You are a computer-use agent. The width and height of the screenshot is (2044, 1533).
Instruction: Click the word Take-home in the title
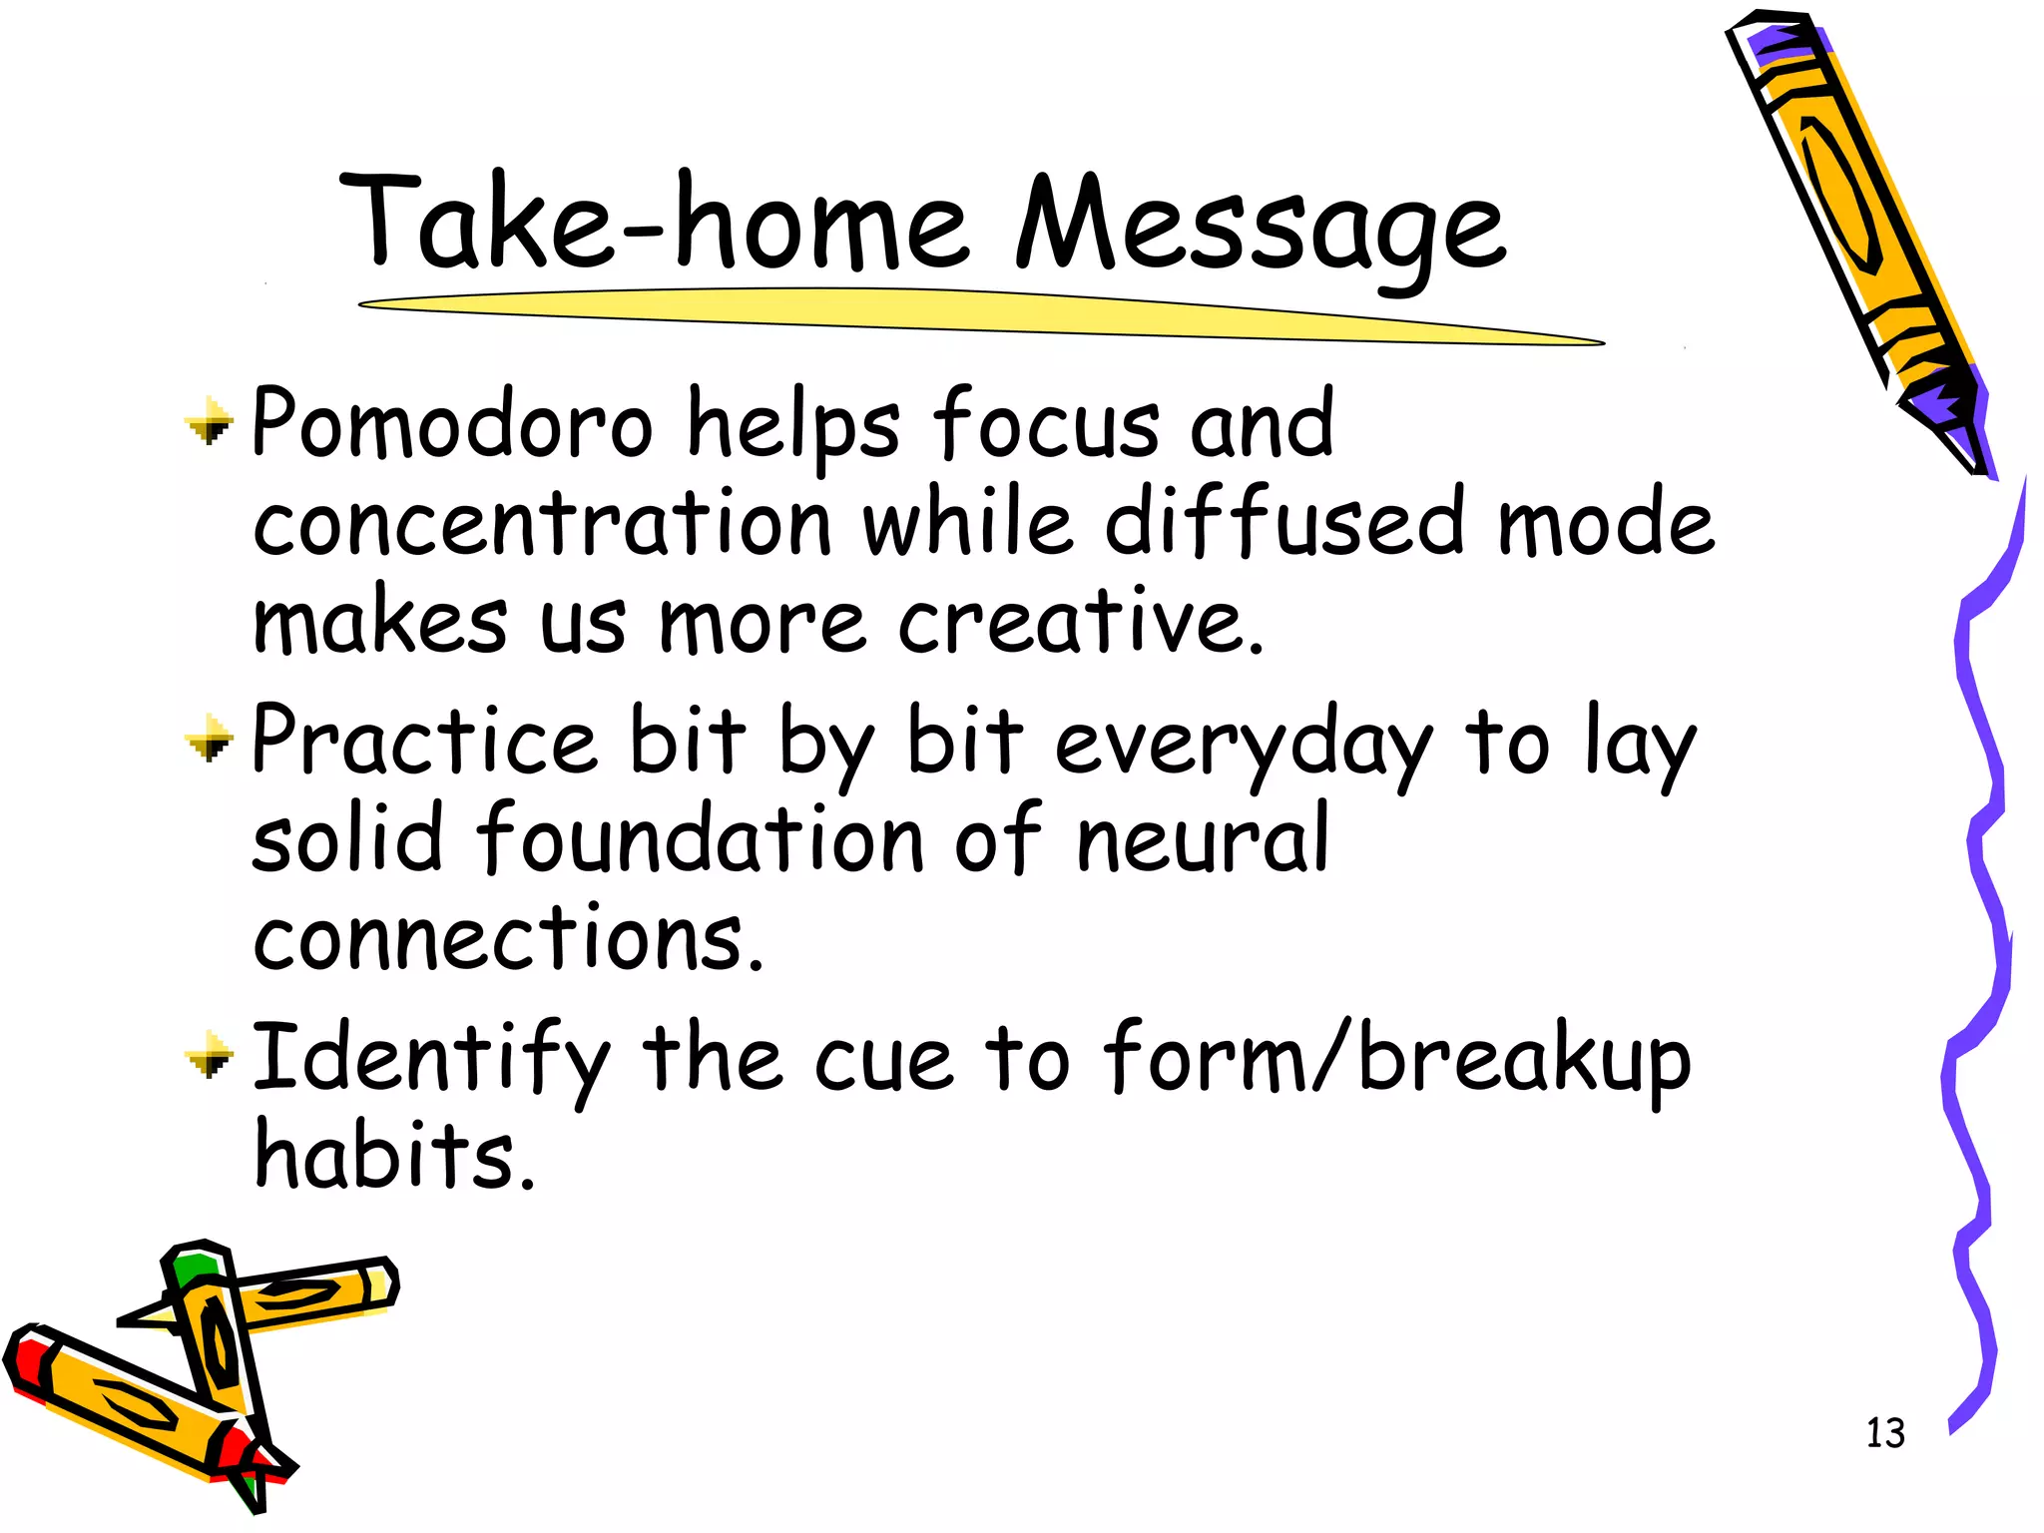pos(654,225)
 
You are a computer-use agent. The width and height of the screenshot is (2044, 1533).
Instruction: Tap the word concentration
pos(542,524)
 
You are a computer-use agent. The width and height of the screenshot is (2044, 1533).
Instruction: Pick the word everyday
pos(1244,744)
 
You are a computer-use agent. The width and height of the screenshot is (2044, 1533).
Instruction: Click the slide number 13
pos(1885,1433)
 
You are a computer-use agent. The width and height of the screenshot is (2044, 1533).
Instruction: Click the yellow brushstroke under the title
pos(978,314)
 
